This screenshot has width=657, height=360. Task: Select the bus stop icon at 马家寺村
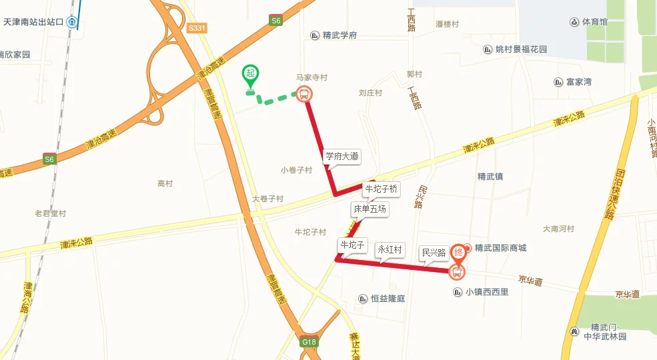click(304, 95)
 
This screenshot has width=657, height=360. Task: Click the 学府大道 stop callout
click(342, 157)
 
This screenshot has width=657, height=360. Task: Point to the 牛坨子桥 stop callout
click(381, 189)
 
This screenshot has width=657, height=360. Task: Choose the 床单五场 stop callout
click(370, 209)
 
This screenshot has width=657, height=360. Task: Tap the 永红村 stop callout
click(390, 250)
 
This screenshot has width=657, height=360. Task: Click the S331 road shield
click(197, 28)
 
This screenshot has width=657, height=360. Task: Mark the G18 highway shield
click(309, 342)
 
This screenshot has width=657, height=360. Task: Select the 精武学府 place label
click(340, 35)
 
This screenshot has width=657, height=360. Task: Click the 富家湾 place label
click(578, 82)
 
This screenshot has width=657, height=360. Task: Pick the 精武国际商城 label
click(500, 248)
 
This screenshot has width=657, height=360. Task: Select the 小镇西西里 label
click(487, 291)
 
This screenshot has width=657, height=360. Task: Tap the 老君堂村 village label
click(51, 214)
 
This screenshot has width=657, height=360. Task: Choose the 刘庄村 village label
click(370, 93)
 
